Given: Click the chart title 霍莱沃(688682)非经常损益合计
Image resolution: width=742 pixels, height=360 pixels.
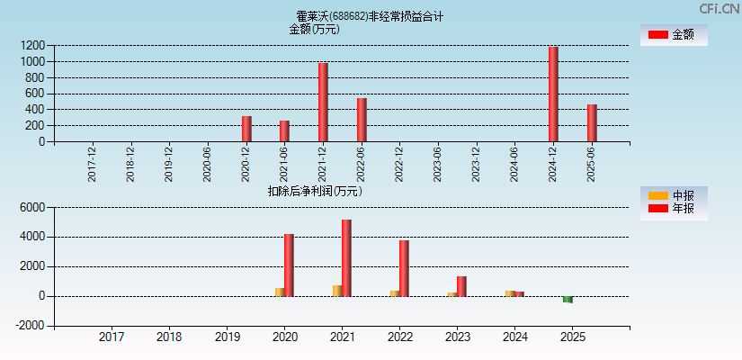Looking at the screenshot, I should pyautogui.click(x=370, y=16).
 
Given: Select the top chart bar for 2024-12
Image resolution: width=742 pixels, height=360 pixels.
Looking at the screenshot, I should pyautogui.click(x=553, y=94).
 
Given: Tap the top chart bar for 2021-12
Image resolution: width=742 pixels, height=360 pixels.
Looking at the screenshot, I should pyautogui.click(x=323, y=102).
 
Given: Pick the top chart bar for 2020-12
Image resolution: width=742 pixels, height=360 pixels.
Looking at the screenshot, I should pyautogui.click(x=246, y=129).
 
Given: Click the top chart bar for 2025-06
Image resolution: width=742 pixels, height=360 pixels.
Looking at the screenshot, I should pyautogui.click(x=592, y=123).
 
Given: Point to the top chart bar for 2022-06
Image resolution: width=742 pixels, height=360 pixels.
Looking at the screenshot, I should pyautogui.click(x=362, y=120).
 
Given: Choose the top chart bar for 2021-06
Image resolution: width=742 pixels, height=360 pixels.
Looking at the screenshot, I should pyautogui.click(x=284, y=131).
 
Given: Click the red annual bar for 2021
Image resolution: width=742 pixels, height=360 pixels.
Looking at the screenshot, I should pyautogui.click(x=346, y=258).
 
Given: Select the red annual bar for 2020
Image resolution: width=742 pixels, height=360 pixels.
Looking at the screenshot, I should pyautogui.click(x=289, y=265).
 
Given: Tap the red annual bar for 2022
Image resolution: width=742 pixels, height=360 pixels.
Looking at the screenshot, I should pyautogui.click(x=404, y=268).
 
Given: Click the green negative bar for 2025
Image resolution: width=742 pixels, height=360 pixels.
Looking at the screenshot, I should pyautogui.click(x=568, y=300).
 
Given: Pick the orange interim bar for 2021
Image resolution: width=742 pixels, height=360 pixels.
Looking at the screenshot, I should pyautogui.click(x=336, y=291).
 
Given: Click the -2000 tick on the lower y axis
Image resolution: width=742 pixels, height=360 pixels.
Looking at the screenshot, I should pyautogui.click(x=31, y=326).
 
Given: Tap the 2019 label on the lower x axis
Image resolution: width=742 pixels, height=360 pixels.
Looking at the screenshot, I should pyautogui.click(x=227, y=337).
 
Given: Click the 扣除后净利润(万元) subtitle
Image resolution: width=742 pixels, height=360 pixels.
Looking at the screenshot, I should pyautogui.click(x=315, y=191).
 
